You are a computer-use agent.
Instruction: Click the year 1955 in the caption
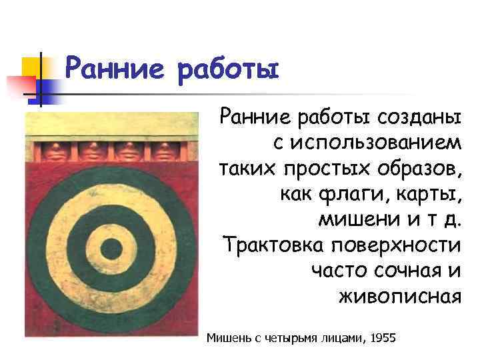(x=382, y=338)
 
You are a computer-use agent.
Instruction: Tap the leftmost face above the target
(x=51, y=149)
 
